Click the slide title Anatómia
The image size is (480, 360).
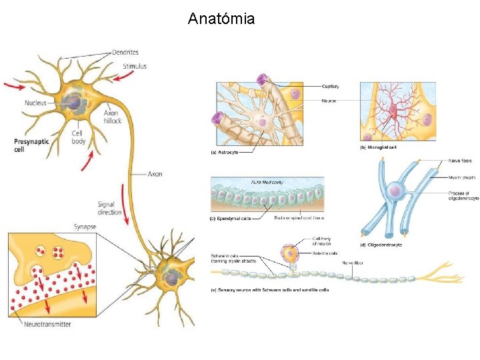[221, 19]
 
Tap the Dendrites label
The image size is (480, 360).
[125, 52]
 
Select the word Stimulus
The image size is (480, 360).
[135, 66]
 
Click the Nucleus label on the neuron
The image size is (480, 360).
[35, 103]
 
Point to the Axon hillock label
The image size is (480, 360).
[112, 117]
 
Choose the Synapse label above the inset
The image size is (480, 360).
[85, 227]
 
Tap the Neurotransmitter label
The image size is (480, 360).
[47, 325]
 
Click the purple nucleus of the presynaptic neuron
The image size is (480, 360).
[73, 103]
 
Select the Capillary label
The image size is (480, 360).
[331, 86]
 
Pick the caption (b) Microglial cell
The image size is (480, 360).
[378, 147]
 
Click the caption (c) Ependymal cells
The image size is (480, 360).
[231, 218]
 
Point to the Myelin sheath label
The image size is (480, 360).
[462, 177]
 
